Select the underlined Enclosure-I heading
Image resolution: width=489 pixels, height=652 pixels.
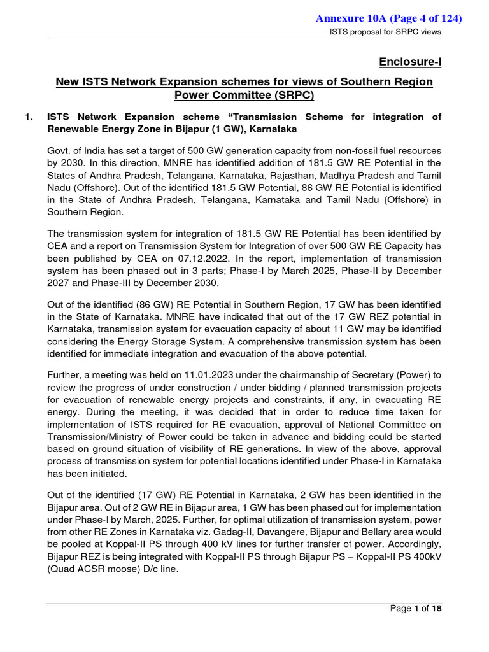pyautogui.click(x=410, y=62)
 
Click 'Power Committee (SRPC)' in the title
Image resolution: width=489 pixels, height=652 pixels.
pyautogui.click(x=244, y=96)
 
